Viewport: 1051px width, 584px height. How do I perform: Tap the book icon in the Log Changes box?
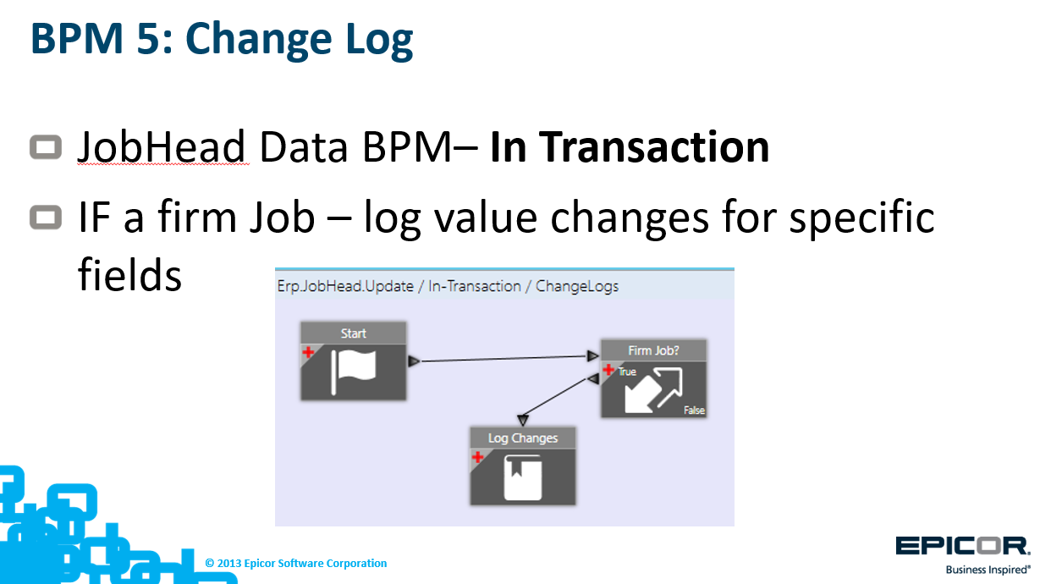point(523,477)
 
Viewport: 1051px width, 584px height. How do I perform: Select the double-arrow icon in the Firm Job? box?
point(653,390)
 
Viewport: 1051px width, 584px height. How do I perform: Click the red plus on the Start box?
point(308,352)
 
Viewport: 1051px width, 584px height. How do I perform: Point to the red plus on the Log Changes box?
point(477,457)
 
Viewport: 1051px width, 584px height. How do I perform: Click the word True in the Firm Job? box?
point(627,372)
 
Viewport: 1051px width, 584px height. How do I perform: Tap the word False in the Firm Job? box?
point(694,410)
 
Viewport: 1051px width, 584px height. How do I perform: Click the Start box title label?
point(354,333)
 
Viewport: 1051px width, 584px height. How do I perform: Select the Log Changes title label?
point(523,438)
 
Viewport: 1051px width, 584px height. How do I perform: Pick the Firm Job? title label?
point(653,350)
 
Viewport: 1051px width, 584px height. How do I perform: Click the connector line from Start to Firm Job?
point(503,359)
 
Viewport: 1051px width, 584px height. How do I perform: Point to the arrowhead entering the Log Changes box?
point(523,420)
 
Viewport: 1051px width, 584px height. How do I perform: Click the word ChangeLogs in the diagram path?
point(577,286)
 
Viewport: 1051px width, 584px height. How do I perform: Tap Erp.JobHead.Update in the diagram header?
point(345,286)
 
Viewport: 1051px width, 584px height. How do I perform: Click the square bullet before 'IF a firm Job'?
point(46,218)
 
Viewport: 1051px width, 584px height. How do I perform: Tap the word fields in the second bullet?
point(130,274)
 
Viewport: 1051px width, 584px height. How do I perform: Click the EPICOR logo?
point(962,547)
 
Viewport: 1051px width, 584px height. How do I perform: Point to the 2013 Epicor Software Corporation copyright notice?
point(296,564)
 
